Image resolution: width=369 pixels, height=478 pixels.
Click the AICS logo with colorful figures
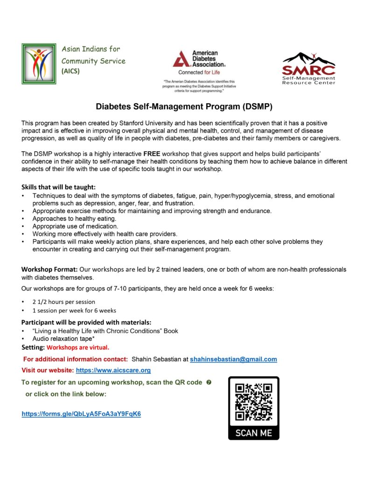39,63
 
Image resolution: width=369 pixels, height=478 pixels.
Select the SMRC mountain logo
308,67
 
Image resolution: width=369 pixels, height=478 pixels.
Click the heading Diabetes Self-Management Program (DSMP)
184,106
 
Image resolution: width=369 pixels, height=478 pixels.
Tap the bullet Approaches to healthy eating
74,218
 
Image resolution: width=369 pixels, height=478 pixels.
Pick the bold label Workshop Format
49,269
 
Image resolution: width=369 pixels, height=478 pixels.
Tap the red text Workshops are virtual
78,347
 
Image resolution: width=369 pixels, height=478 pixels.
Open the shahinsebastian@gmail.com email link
233,359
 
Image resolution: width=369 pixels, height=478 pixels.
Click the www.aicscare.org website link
113,371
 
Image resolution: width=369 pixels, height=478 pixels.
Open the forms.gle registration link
81,414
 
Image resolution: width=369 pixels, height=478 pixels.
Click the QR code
253,401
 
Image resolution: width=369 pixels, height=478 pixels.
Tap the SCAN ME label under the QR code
253,433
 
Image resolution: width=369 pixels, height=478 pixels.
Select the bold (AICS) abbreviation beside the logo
70,71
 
